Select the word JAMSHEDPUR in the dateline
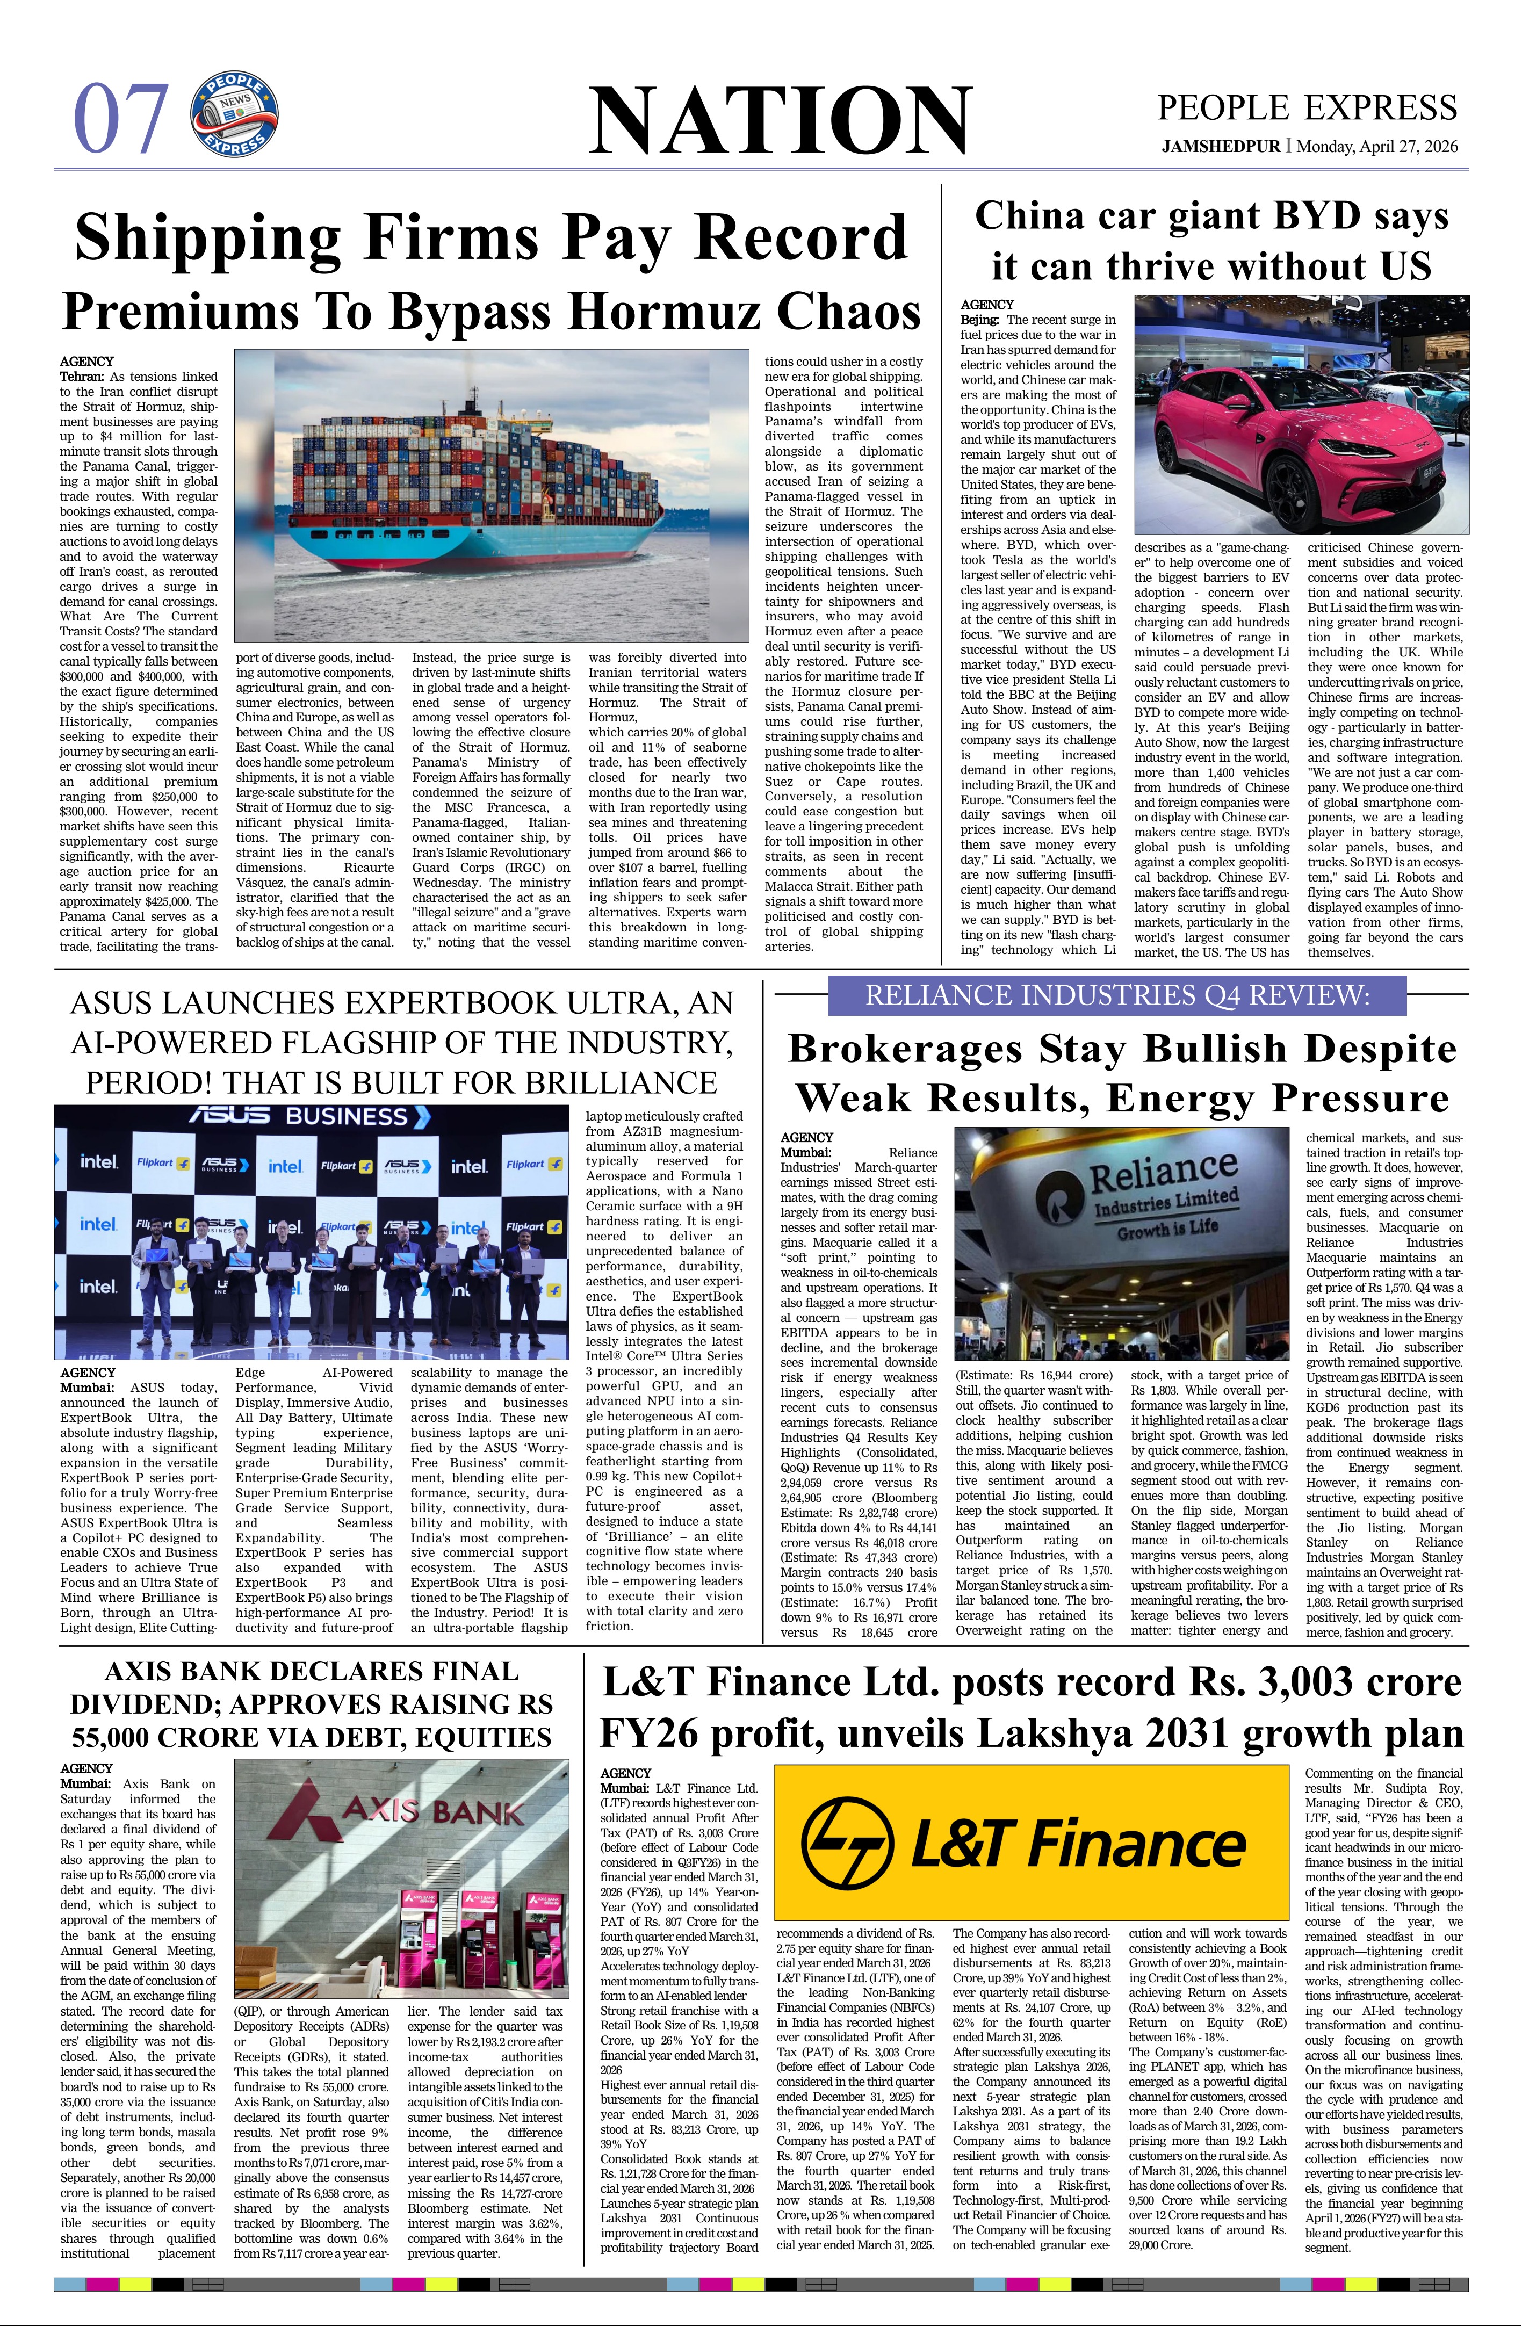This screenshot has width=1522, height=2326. tap(1220, 147)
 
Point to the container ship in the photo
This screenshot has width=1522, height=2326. tap(479, 489)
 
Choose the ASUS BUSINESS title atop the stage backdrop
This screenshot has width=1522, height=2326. tap(311, 1116)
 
